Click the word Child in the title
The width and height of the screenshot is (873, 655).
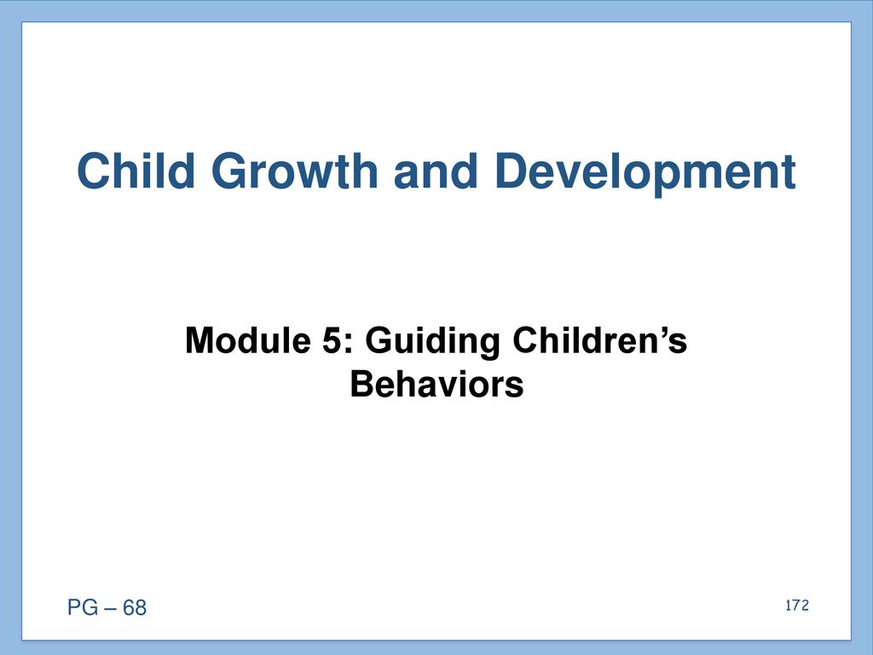(x=136, y=171)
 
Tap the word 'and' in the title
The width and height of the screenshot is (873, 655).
(x=436, y=171)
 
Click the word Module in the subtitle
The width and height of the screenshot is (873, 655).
(x=248, y=339)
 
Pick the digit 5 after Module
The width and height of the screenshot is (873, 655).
(x=332, y=340)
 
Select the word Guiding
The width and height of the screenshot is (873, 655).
(x=432, y=341)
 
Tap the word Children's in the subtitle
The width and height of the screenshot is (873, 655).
(x=599, y=339)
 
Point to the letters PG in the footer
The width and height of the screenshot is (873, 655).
(x=83, y=607)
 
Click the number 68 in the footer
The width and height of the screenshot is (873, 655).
(x=135, y=607)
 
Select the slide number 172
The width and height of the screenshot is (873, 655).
(x=797, y=606)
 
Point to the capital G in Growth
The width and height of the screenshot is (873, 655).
(x=229, y=171)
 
